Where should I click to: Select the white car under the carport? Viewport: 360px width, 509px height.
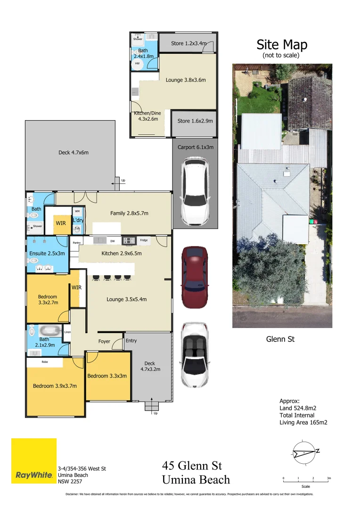[195, 191]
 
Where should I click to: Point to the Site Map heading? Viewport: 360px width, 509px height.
[282, 45]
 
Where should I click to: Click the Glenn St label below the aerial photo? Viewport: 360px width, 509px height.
[280, 339]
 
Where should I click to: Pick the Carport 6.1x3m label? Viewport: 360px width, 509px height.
[196, 147]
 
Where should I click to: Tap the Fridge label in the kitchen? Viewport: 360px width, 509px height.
[144, 240]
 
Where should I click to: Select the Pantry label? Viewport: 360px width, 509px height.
[77, 243]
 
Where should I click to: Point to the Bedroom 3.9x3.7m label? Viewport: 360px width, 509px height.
[55, 386]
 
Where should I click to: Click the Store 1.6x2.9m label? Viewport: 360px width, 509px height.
[195, 121]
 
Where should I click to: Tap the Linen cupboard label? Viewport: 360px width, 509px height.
[67, 332]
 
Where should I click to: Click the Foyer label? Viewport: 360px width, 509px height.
[104, 341]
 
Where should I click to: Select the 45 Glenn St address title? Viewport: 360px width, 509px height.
[192, 466]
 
